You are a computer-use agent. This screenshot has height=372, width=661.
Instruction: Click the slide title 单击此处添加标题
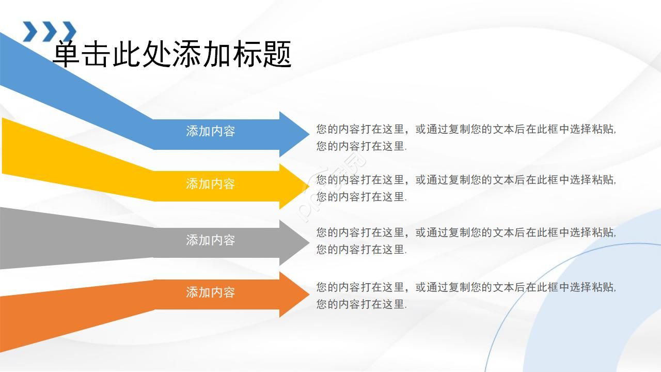[x=172, y=54]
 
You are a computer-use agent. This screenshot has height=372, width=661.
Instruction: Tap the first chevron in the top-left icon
[x=30, y=31]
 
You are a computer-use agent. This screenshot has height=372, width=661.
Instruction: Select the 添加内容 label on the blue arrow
[x=210, y=131]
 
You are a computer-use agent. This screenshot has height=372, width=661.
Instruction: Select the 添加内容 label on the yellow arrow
[x=210, y=184]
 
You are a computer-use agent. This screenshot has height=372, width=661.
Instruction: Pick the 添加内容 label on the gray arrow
[x=210, y=240]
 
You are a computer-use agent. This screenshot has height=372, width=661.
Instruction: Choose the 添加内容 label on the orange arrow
[x=210, y=292]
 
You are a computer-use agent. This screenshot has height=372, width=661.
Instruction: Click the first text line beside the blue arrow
[x=466, y=129]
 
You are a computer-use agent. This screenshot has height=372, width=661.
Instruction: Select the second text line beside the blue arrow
[x=361, y=146]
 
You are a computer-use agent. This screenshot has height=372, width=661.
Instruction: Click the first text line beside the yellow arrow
[x=466, y=180]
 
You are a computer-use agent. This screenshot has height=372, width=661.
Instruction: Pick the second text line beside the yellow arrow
[x=361, y=197]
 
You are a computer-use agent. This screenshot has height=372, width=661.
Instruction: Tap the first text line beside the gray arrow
[x=466, y=233]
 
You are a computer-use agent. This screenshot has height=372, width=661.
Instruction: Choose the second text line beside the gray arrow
[x=361, y=250]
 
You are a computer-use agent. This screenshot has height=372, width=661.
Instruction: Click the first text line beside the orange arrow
[x=466, y=287]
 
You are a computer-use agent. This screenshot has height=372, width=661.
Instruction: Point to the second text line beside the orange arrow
[x=361, y=304]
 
